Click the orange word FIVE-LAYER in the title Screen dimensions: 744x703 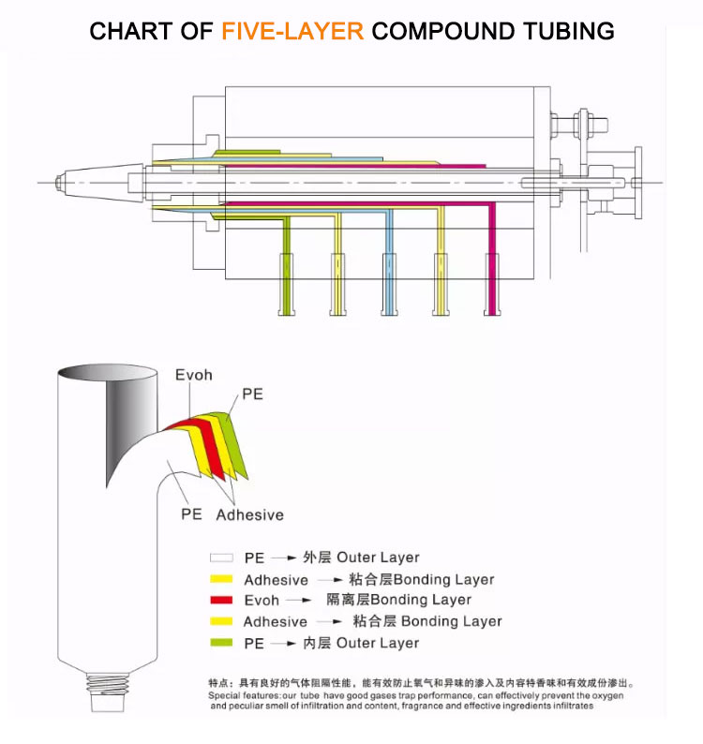pyautogui.click(x=292, y=31)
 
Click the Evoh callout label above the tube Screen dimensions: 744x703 pyautogui.click(x=194, y=375)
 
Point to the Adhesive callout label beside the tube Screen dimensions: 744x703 pyautogui.click(x=249, y=514)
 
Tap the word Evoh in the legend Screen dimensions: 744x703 pyautogui.click(x=262, y=601)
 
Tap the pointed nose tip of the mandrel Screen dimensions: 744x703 pyautogui.click(x=57, y=180)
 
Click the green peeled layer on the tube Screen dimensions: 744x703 pyautogui.click(x=234, y=440)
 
